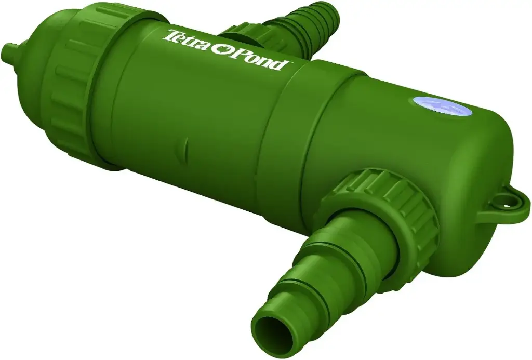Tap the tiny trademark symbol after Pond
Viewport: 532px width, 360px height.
(x=290, y=63)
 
